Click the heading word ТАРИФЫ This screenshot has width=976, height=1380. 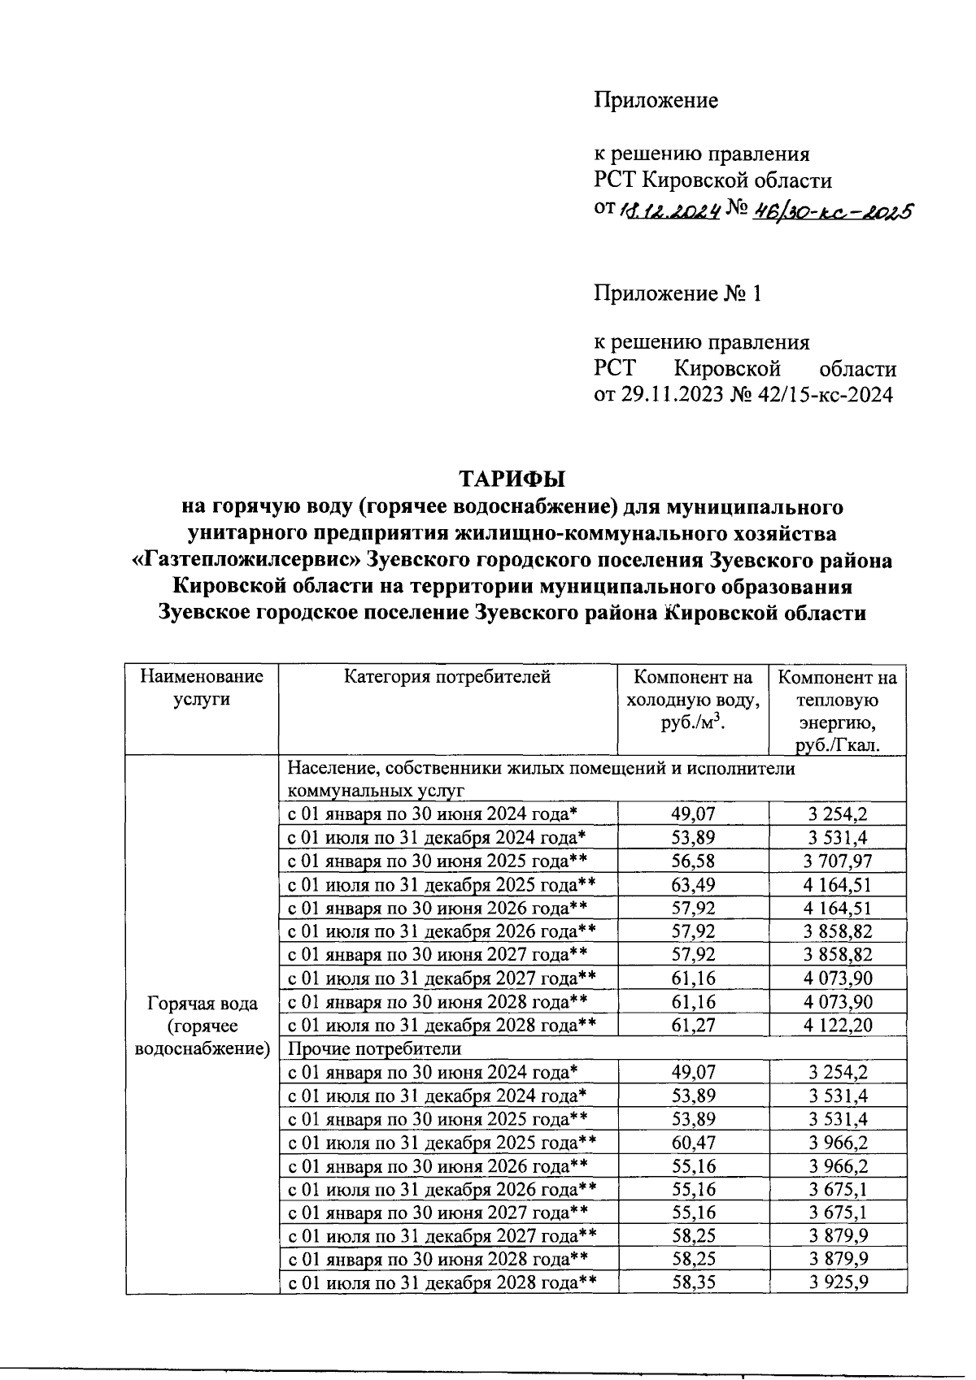512,477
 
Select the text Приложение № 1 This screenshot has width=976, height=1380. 678,293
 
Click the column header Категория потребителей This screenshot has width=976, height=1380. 447,676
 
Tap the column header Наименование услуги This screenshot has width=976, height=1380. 202,688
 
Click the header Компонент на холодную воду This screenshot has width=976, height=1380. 692,700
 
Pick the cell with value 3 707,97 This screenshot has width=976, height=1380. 837,861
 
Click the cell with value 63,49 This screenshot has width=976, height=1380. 693,884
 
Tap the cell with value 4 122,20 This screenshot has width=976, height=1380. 837,1025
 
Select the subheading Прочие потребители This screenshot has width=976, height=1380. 375,1048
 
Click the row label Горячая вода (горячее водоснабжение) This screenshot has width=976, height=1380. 202,1026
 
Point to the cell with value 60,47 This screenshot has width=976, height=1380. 693,1143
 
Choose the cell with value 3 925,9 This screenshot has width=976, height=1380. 837,1283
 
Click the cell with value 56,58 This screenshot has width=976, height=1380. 693,861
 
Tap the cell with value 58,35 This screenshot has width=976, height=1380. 693,1283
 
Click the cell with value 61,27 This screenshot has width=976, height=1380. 693,1025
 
